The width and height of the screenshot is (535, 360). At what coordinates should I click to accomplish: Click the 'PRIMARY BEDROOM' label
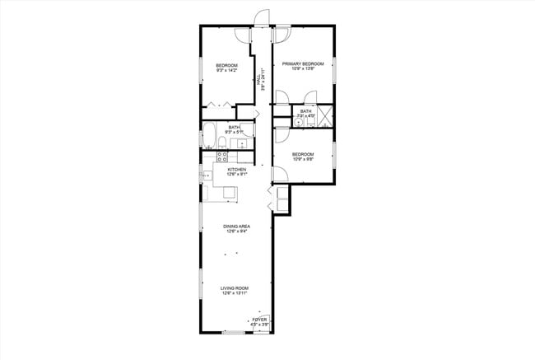tap(303, 63)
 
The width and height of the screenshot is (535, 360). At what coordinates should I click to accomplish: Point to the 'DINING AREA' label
tap(237, 227)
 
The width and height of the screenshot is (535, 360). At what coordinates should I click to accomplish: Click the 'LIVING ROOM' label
tap(235, 288)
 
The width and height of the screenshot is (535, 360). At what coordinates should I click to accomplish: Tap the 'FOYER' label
tap(260, 319)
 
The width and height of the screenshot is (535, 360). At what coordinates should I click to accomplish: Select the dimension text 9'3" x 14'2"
tap(226, 71)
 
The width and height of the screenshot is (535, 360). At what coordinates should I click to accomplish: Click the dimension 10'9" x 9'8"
tap(303, 160)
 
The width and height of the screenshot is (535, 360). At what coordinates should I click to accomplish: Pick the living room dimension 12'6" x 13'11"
tap(235, 294)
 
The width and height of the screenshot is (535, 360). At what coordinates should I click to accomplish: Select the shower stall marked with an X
tap(325, 115)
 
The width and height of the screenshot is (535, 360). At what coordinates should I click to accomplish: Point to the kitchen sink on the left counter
tap(207, 175)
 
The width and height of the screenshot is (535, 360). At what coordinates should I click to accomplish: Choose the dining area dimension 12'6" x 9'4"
tap(237, 232)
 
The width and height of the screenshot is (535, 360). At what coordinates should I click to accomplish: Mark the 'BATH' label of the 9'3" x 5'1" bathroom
tap(222, 127)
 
